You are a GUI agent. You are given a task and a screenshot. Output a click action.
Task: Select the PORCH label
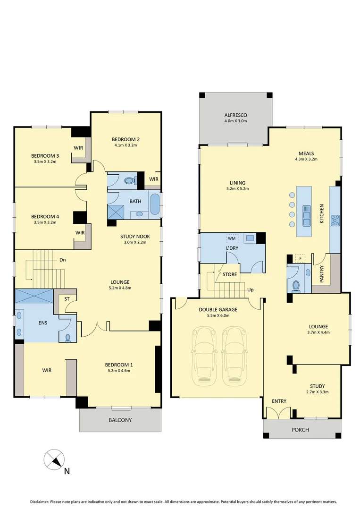coord(301,430)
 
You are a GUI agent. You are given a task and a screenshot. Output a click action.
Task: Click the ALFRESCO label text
coord(235,115)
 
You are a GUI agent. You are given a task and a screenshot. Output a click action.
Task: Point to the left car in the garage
coord(205,350)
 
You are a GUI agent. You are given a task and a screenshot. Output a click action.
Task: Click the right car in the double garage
coord(235,350)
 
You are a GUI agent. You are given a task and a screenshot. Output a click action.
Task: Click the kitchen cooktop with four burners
coord(335,220)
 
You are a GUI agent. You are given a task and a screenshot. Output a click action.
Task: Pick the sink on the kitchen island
coord(307,215)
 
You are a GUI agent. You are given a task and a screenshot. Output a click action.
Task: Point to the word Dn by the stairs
coord(62,260)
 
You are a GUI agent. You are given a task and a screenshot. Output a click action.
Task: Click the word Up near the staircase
coord(250,289)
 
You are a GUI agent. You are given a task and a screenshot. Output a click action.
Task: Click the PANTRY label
coord(321,274)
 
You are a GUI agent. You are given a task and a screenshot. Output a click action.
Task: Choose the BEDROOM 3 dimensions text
coord(45,161)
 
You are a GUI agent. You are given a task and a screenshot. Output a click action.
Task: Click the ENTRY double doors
coord(279,413)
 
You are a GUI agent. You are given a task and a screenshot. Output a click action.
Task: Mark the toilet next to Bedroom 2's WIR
coord(131,180)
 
